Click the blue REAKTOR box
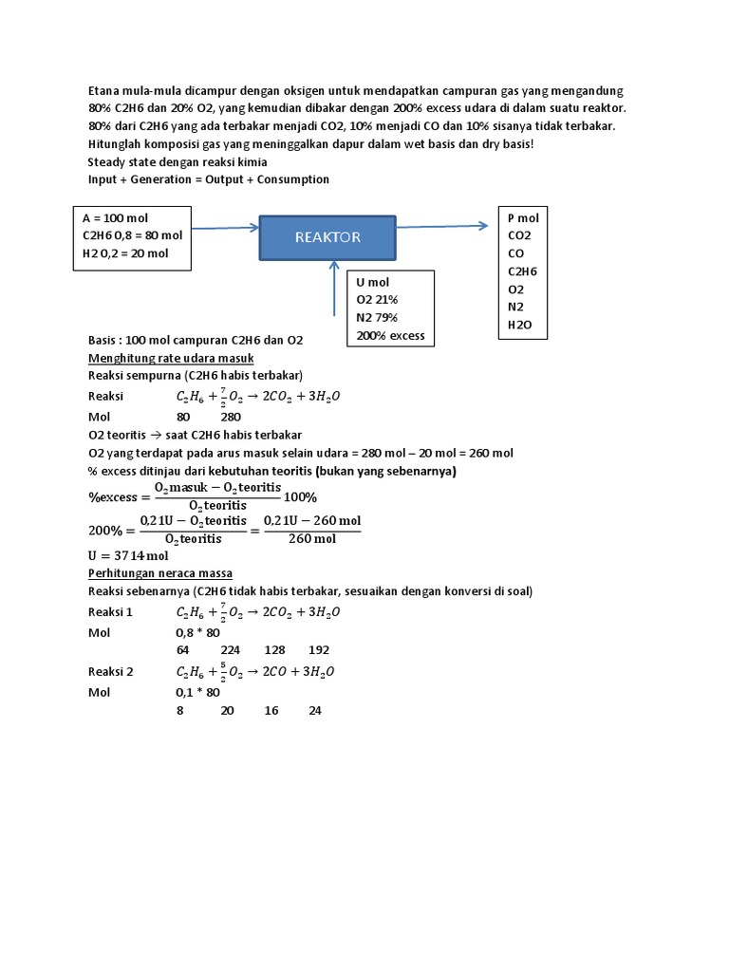pyautogui.click(x=327, y=237)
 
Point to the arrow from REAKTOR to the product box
pyautogui.click(x=445, y=225)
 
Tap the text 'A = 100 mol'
pyautogui.click(x=116, y=217)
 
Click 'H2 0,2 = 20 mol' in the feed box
pyautogui.click(x=125, y=253)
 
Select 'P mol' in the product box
pyautogui.click(x=523, y=217)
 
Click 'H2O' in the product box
pyautogui.click(x=521, y=325)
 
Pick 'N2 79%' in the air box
pyautogui.click(x=378, y=318)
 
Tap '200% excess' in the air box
pyautogui.click(x=391, y=335)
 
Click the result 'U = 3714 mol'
pyautogui.click(x=128, y=555)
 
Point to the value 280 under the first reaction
pyautogui.click(x=232, y=417)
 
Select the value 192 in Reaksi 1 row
pyautogui.click(x=319, y=650)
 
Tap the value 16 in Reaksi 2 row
pyautogui.click(x=271, y=709)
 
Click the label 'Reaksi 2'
pyautogui.click(x=111, y=671)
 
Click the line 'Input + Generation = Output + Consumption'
pyautogui.click(x=209, y=178)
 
